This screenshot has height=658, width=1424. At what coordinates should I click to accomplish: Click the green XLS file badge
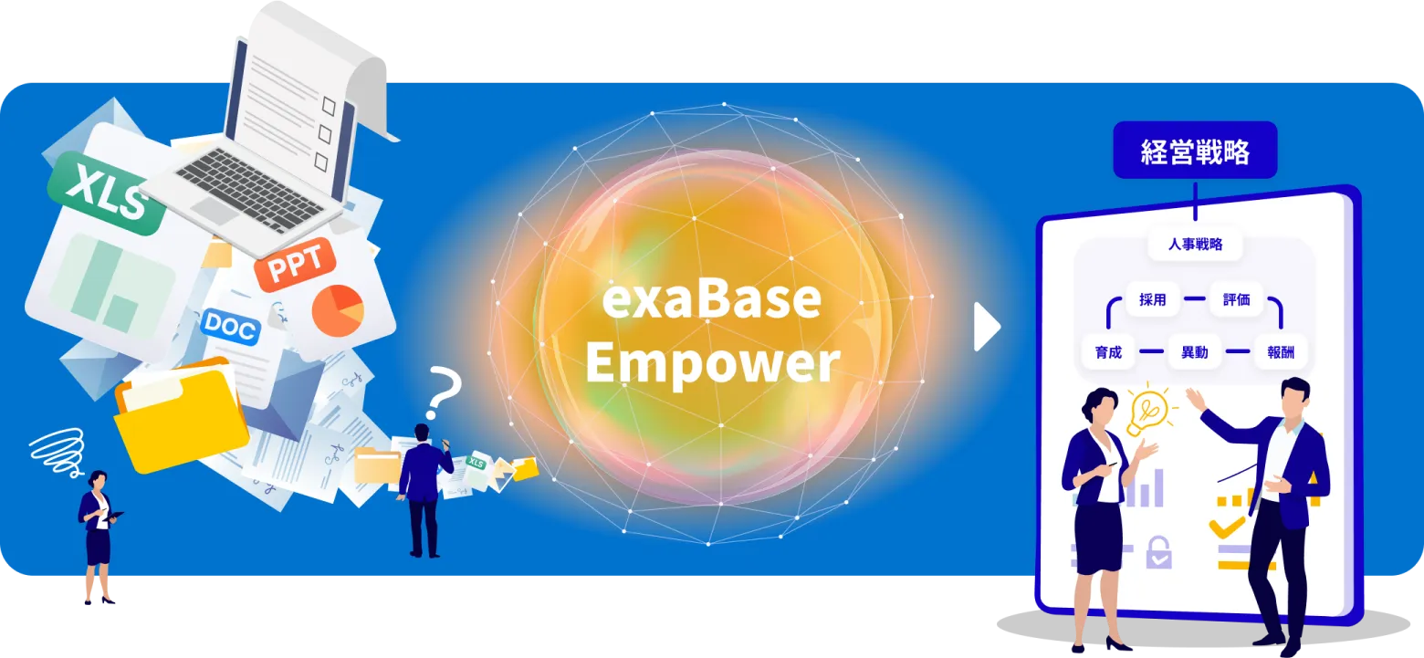tap(106, 193)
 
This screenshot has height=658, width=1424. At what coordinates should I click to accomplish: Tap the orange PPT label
tap(295, 264)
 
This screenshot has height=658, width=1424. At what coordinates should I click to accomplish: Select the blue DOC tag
tap(230, 328)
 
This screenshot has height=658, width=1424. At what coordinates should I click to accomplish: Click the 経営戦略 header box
tap(1195, 151)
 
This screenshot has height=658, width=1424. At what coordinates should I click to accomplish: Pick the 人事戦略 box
tap(1195, 245)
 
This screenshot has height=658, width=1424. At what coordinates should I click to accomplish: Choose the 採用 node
tap(1153, 299)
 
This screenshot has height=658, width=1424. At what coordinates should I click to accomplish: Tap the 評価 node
tap(1237, 299)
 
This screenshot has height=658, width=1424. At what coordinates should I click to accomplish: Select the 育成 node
tap(1109, 352)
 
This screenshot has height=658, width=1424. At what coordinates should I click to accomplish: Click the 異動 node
tap(1195, 352)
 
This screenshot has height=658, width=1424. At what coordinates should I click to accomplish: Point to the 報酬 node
tap(1281, 352)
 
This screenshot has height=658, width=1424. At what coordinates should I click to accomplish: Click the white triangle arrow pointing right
tap(987, 328)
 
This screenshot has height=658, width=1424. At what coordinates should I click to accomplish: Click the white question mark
tap(443, 393)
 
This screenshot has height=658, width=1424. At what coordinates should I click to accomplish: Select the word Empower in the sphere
tap(713, 363)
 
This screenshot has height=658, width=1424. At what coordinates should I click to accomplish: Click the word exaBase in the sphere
tap(711, 300)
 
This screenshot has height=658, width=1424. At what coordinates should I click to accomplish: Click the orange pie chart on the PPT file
tap(338, 310)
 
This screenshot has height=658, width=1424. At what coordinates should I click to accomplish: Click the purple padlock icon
tap(1158, 552)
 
